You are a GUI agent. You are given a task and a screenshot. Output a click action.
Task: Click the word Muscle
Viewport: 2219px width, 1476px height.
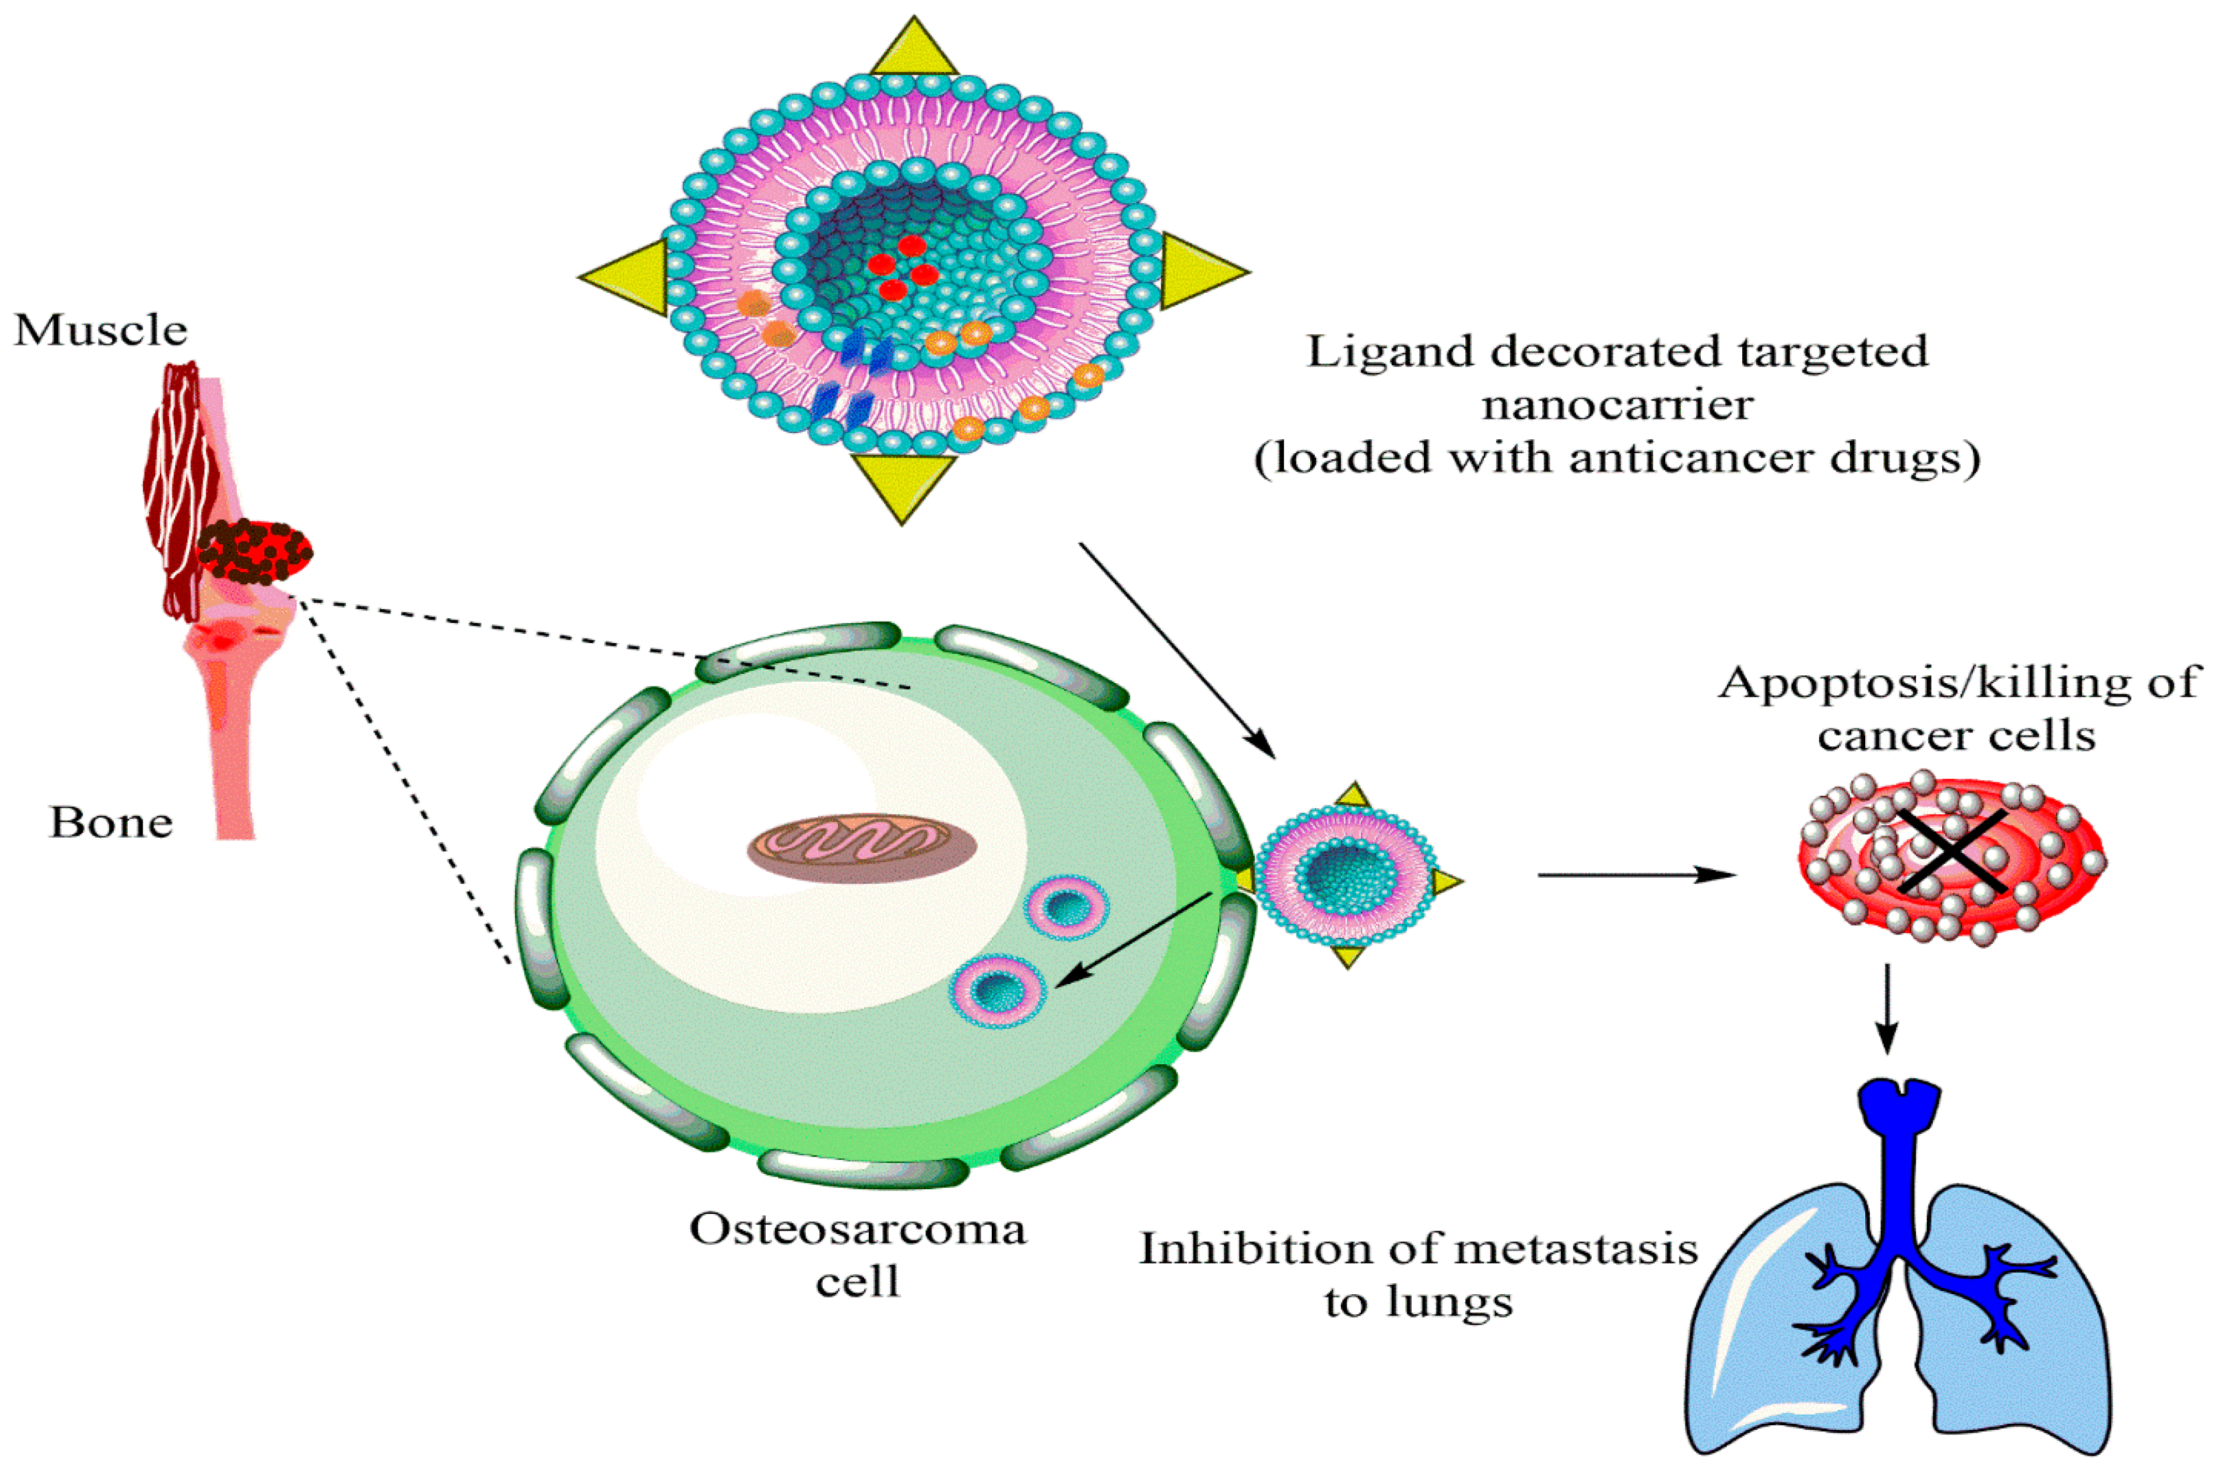[101, 330]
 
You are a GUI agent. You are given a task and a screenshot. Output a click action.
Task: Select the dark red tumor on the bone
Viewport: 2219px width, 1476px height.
[254, 551]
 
